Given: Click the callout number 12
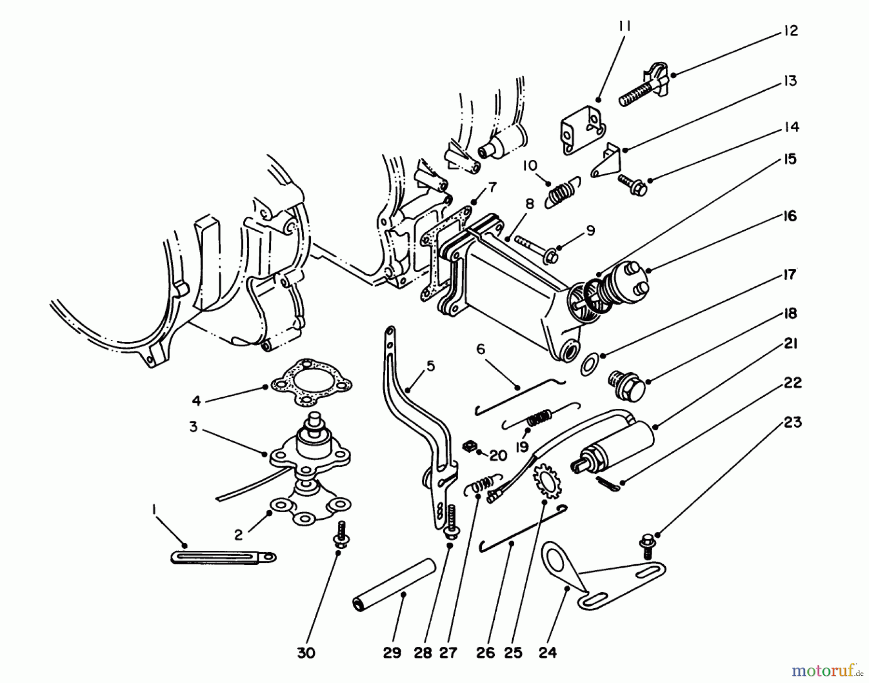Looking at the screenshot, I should click(790, 31).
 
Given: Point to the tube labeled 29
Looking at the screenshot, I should click(393, 584).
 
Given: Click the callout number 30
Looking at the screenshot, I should click(306, 653).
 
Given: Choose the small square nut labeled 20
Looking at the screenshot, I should click(467, 448).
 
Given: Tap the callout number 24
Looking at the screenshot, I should click(547, 653).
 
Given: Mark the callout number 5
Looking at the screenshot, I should click(431, 366).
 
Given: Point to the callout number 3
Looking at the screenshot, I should click(193, 427).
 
